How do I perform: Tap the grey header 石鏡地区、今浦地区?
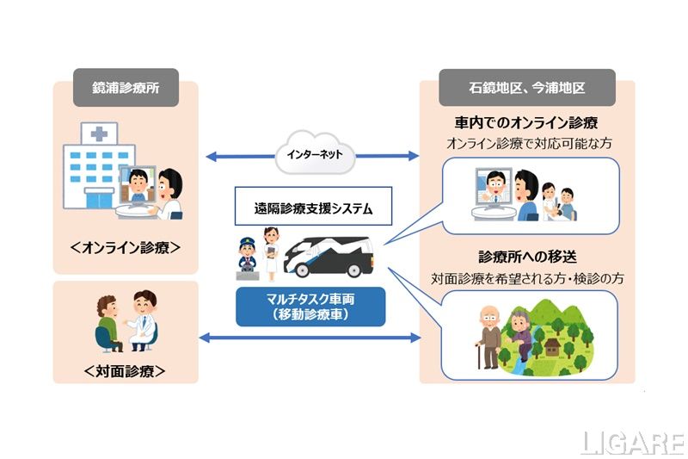(x=526, y=87)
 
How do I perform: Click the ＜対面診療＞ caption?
(x=126, y=371)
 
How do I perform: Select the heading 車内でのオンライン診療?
(x=525, y=121)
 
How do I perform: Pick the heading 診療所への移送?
(x=525, y=257)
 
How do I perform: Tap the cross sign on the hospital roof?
(x=100, y=133)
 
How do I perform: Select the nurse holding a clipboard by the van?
(x=271, y=251)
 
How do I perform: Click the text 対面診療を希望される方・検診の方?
(x=525, y=279)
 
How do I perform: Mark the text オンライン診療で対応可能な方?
(x=525, y=143)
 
